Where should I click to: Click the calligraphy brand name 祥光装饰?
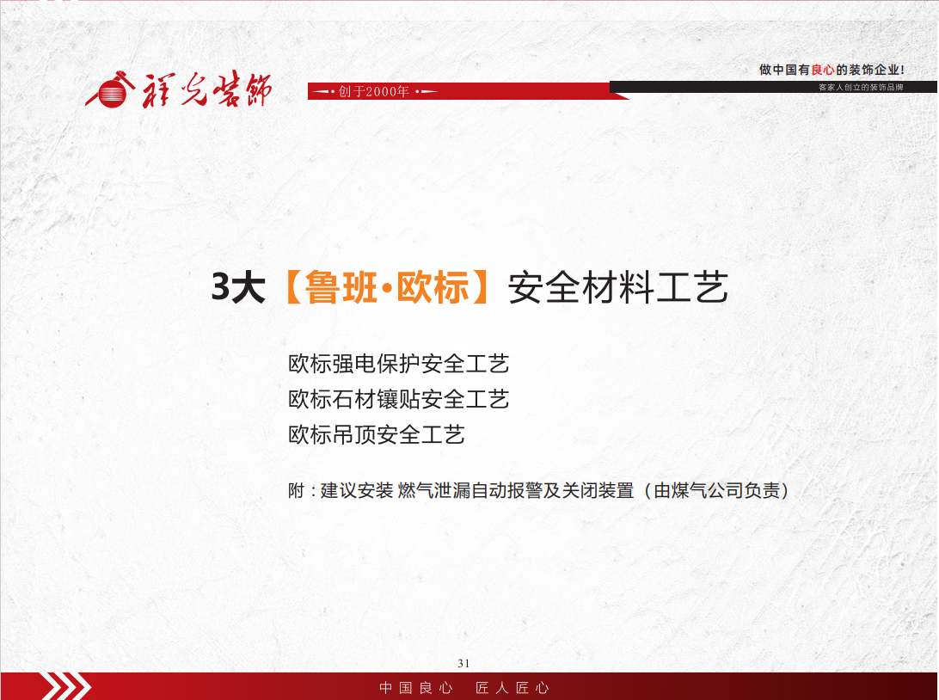point(206,90)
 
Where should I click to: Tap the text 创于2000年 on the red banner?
point(374,92)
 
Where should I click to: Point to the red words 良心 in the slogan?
point(823,70)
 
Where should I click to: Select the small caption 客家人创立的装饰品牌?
point(861,88)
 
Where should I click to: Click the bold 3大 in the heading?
point(238,287)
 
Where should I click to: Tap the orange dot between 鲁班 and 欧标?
point(387,289)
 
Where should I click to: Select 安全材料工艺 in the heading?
point(618,287)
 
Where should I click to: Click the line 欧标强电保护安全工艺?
point(399,364)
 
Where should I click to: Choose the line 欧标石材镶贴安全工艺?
point(399,399)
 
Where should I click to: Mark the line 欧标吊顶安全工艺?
point(377,435)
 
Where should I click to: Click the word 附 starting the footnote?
point(297,490)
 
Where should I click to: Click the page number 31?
point(463,664)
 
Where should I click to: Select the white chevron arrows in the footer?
point(66,686)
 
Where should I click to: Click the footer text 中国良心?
point(416,688)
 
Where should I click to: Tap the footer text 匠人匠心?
point(512,688)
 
